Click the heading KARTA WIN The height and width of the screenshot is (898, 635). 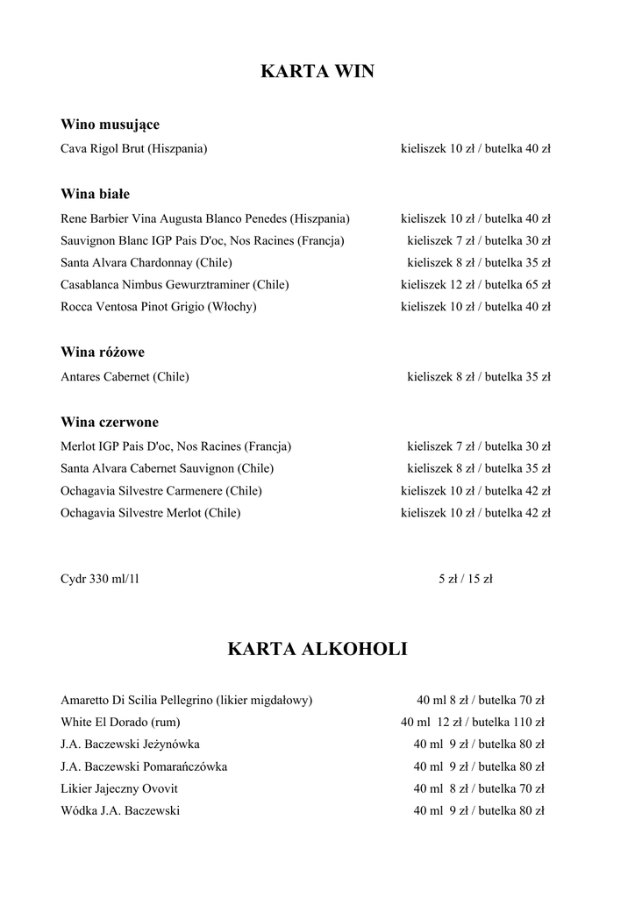(317, 72)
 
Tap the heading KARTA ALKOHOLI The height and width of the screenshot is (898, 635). (317, 649)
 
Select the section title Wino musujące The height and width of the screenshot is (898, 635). (110, 125)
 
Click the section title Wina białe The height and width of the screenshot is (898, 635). (95, 194)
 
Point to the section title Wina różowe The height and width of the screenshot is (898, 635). (103, 352)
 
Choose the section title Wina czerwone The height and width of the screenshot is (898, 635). (110, 422)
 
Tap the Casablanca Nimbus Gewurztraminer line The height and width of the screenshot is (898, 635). (175, 284)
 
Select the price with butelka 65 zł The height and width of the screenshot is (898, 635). (475, 284)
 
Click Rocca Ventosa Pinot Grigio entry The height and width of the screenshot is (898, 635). (158, 306)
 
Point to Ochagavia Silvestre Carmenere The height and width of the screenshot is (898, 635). (161, 490)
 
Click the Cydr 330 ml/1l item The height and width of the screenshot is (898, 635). (100, 578)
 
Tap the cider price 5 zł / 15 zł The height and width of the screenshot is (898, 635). (465, 578)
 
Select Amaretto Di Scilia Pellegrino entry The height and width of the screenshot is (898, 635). (186, 700)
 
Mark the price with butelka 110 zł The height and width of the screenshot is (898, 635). (473, 722)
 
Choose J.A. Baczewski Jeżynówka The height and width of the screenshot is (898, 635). (130, 744)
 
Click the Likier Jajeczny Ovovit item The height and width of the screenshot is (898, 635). (118, 788)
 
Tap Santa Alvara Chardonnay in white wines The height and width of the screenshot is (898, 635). (146, 262)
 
